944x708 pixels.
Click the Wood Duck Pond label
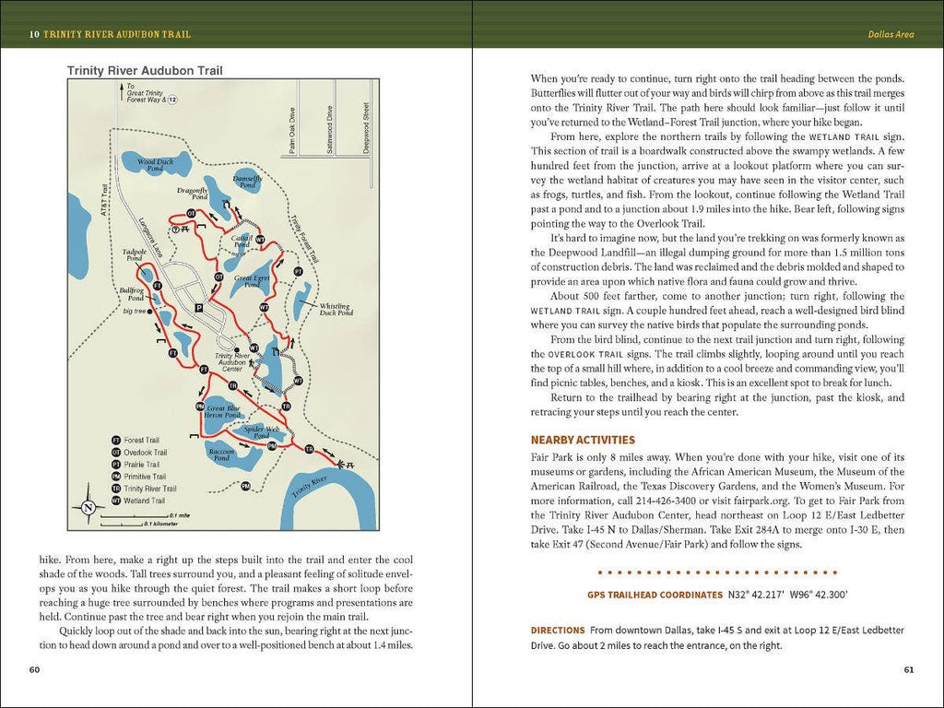(156, 164)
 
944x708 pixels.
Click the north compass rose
(88, 506)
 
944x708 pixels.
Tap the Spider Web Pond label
(261, 431)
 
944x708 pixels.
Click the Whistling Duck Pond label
(336, 310)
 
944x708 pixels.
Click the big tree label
(135, 311)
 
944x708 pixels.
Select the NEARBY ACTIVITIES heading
(583, 440)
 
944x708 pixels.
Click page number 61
(908, 669)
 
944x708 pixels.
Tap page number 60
(34, 669)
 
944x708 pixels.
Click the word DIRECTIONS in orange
(558, 630)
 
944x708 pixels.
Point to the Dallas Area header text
(891, 35)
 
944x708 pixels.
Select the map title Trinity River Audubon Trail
(145, 70)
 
